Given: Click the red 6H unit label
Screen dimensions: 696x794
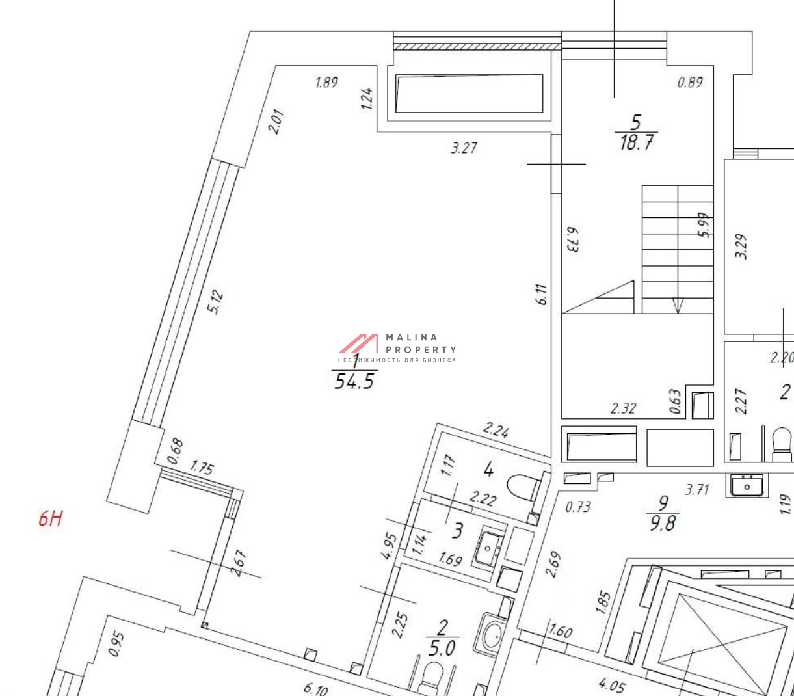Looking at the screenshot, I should (x=50, y=518).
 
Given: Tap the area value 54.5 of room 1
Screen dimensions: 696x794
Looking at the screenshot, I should (x=354, y=381).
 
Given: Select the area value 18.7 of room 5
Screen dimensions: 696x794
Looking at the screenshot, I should (x=637, y=142).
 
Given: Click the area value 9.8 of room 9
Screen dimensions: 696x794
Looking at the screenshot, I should (x=663, y=523).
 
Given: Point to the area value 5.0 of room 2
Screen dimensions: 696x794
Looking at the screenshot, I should (x=442, y=649).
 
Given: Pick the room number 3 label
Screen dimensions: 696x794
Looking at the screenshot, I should (x=457, y=530).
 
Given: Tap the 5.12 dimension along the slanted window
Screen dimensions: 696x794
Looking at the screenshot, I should (x=216, y=302).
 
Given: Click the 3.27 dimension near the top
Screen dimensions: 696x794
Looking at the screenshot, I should (x=464, y=148).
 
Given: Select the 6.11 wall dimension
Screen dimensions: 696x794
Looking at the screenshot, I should (x=542, y=294).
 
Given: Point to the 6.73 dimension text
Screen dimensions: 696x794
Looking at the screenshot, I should (x=572, y=239).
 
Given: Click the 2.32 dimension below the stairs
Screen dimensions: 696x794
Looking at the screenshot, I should (x=623, y=408).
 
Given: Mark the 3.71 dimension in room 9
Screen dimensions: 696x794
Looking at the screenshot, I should (x=696, y=489).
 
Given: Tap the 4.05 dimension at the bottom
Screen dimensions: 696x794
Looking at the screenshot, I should (x=612, y=684).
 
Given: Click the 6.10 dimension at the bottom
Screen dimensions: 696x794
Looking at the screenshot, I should (x=316, y=688).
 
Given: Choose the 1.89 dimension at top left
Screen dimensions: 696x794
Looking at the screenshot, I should (x=326, y=82).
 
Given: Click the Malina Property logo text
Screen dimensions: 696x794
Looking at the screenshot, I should (x=421, y=343).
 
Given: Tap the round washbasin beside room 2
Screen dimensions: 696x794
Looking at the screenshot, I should (x=492, y=634).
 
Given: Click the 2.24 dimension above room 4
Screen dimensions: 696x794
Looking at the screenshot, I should (x=496, y=429).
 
